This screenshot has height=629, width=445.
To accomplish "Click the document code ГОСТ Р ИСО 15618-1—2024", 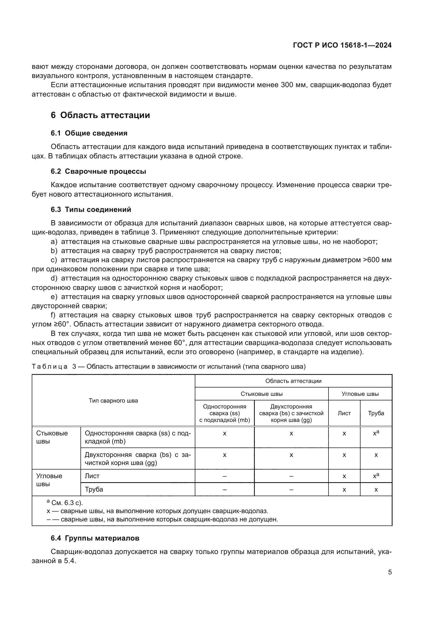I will [342, 45].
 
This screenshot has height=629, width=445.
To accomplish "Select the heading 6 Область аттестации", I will [100, 115].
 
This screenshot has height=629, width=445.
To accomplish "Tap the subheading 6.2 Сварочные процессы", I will [98, 172].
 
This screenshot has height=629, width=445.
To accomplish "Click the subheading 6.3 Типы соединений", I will [91, 209].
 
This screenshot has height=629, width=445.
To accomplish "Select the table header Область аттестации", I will [293, 381].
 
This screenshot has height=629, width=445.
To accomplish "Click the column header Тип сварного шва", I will [114, 401].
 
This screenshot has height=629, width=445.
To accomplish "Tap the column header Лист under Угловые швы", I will [344, 413].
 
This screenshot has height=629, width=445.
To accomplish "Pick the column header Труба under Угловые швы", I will [376, 413].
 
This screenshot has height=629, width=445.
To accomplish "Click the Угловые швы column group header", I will [360, 394].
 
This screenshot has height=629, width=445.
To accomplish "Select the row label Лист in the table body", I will [92, 476].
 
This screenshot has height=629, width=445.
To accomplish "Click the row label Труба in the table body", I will [94, 489].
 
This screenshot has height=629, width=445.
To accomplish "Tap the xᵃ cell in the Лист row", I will [376, 476].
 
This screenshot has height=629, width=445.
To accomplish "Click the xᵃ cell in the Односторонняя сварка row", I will [376, 433].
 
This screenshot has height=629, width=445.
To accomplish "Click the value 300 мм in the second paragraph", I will [291, 85].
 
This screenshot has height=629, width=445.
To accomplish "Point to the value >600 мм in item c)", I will [377, 260].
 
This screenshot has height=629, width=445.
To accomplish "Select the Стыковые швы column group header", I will [262, 394].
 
